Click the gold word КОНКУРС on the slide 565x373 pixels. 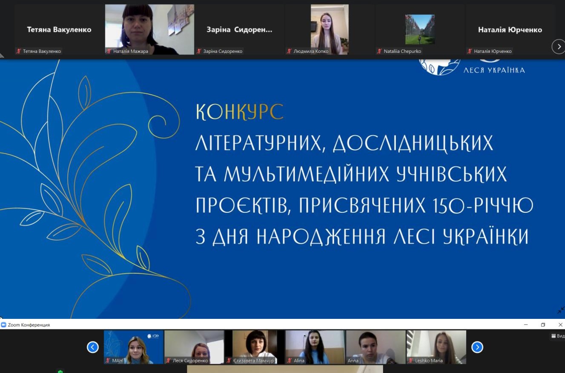[240, 112]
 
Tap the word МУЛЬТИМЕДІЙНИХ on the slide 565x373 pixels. [306, 174]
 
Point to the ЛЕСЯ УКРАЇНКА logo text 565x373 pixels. [494, 70]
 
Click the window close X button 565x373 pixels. [560, 325]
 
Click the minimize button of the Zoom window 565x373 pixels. [526, 325]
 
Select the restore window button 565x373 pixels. [543, 325]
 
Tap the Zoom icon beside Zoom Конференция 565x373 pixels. [3, 325]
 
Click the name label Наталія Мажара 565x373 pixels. [131, 51]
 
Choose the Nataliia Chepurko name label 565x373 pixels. [402, 51]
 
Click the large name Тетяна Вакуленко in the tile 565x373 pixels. [59, 30]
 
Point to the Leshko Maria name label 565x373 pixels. [429, 361]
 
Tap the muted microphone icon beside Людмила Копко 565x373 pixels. [289, 51]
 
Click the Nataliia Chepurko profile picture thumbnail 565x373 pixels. [420, 29]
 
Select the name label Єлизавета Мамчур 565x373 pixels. [253, 361]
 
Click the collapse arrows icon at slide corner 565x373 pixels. [561, 310]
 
